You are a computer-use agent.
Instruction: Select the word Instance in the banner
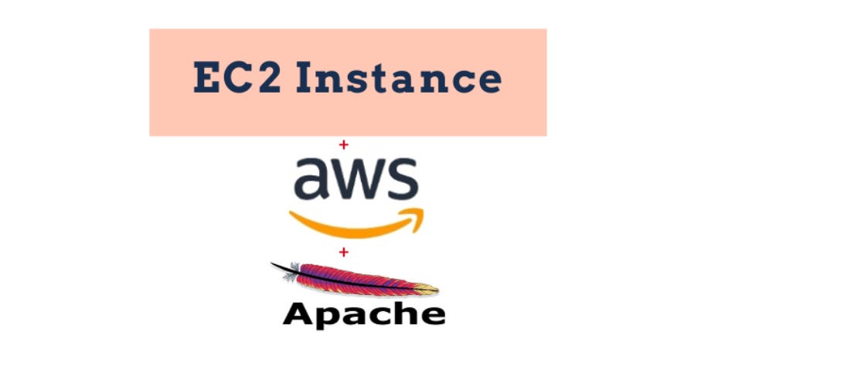coord(399,79)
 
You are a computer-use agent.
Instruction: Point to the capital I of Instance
coord(305,79)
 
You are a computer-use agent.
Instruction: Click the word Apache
coord(364,315)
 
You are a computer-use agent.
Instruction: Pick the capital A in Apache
coord(299,313)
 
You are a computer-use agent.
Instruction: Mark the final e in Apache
coord(432,315)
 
